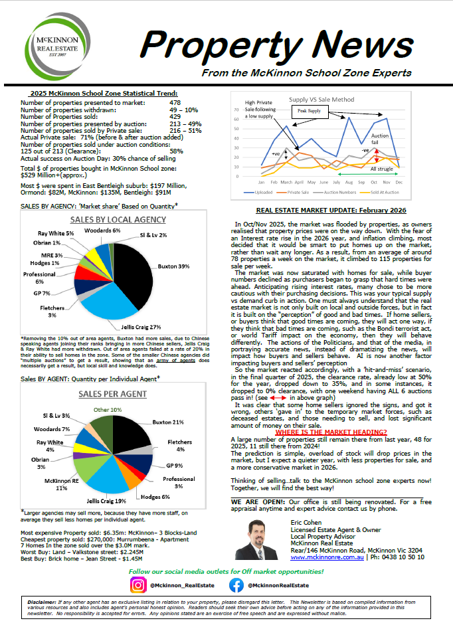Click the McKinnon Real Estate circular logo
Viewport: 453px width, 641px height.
pos(58,47)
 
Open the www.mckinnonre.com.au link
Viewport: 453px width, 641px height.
pos(326,556)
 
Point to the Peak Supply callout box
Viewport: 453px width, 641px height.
pos(308,111)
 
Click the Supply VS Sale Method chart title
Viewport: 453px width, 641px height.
pos(322,100)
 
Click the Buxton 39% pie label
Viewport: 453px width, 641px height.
pos(175,266)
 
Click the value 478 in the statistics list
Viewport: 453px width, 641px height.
pos(175,103)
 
